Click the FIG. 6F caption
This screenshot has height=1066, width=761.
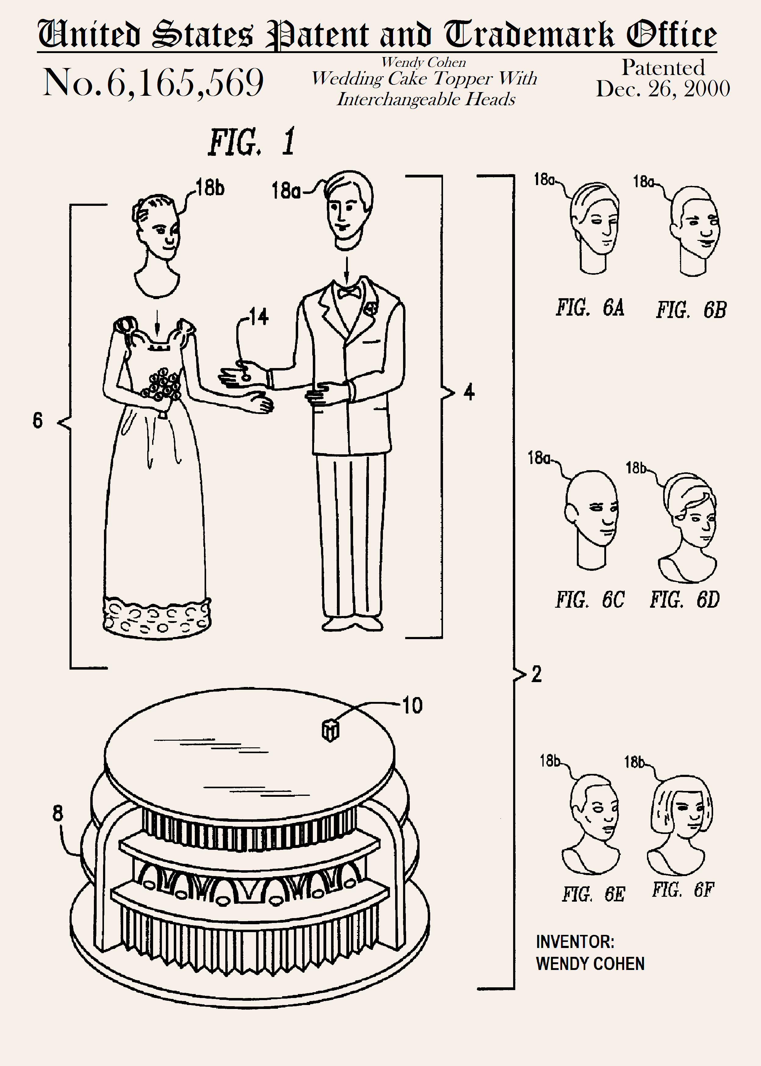click(683, 889)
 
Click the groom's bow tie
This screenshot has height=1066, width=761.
click(349, 292)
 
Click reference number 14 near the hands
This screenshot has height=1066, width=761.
click(258, 317)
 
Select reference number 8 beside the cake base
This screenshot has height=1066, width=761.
click(57, 813)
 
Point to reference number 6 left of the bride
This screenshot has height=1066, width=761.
click(38, 420)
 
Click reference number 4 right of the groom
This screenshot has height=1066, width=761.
click(469, 392)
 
